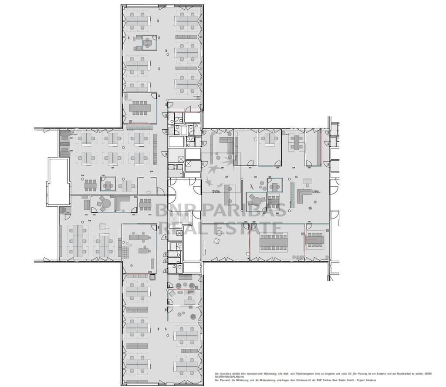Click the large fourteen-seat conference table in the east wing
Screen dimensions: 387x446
274,242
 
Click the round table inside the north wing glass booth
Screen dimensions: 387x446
148,44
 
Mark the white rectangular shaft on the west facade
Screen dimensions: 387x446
58,182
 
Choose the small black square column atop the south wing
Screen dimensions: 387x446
152,276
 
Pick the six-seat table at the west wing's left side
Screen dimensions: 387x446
91,185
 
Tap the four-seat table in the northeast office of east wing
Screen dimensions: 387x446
297,142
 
